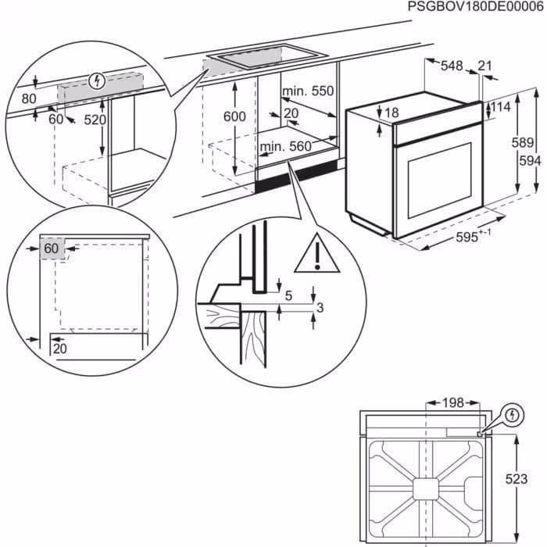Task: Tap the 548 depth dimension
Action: (451, 66)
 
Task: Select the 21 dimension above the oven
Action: (485, 66)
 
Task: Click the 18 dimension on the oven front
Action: (391, 113)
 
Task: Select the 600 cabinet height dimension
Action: (234, 116)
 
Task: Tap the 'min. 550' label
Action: (308, 91)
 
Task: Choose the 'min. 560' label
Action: (286, 145)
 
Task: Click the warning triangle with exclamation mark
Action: (316, 255)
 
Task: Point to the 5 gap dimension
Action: (288, 295)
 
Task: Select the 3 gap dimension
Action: (319, 308)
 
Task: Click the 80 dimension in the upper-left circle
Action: (29, 98)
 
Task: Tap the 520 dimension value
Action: (95, 120)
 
